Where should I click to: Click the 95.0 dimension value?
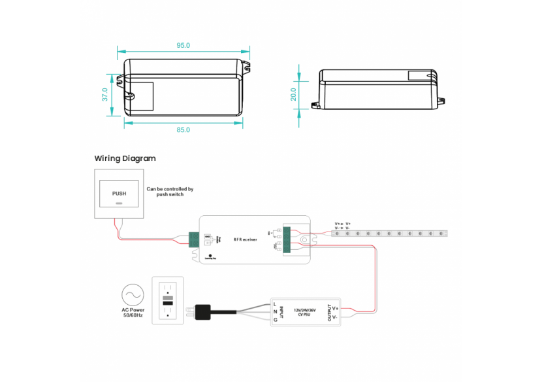pyautogui.click(x=183, y=46)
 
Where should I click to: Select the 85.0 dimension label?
pyautogui.click(x=183, y=130)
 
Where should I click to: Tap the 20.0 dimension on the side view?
pyautogui.click(x=294, y=94)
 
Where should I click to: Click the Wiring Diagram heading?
pyautogui.click(x=125, y=158)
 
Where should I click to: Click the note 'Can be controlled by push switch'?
pyautogui.click(x=170, y=192)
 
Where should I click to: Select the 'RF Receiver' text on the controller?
pyautogui.click(x=246, y=240)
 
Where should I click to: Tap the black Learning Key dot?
pyautogui.click(x=210, y=254)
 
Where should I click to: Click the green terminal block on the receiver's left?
pyautogui.click(x=194, y=239)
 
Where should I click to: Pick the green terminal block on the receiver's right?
pyautogui.click(x=287, y=239)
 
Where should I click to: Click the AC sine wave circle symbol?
pyautogui.click(x=133, y=295)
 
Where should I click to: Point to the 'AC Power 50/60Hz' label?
pyautogui.click(x=133, y=313)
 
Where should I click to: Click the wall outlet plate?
pyautogui.click(x=168, y=300)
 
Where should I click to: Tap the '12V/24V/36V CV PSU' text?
pyautogui.click(x=306, y=312)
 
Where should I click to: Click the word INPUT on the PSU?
pyautogui.click(x=281, y=312)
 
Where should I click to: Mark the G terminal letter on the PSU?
pyautogui.click(x=275, y=320)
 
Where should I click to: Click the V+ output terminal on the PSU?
pyautogui.click(x=335, y=307)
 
